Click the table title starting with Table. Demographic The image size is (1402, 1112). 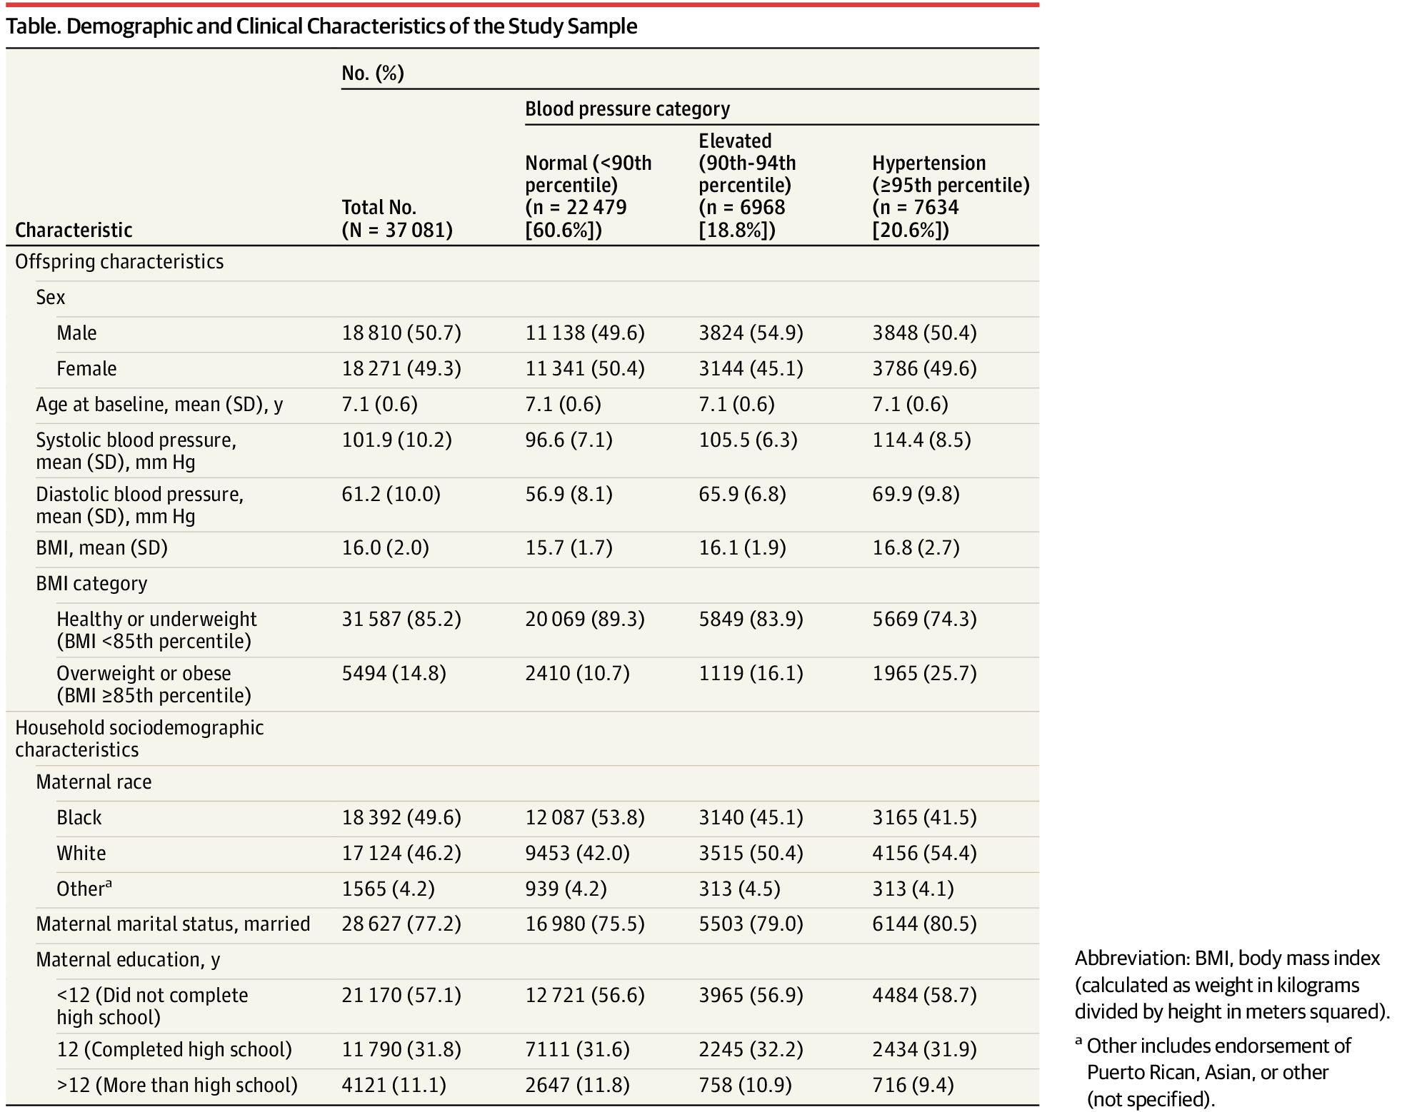321,26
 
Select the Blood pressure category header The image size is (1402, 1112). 628,108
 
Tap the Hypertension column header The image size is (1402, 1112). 951,196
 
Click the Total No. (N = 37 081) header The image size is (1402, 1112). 397,218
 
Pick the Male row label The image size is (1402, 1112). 76,333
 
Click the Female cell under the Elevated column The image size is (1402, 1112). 751,369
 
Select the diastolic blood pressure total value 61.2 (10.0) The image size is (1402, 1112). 391,495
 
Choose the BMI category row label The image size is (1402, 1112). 91,584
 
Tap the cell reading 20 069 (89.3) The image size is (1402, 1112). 585,620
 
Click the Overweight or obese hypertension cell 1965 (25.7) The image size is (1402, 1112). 924,674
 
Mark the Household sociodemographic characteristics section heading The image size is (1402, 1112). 139,739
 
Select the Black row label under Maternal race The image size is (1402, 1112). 79,818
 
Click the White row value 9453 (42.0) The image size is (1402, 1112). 577,854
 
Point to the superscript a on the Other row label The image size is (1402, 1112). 109,884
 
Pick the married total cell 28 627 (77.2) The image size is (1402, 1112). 401,924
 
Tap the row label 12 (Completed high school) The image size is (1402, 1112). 174,1050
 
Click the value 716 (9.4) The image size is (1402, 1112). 913,1086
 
